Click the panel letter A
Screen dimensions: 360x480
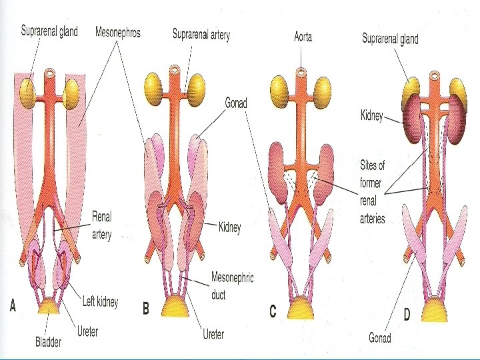tap(13, 307)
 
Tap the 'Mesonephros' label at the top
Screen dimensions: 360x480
tap(117, 32)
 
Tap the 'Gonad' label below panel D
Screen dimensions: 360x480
tap(380, 338)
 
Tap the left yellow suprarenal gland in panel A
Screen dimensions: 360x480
tap(27, 89)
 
